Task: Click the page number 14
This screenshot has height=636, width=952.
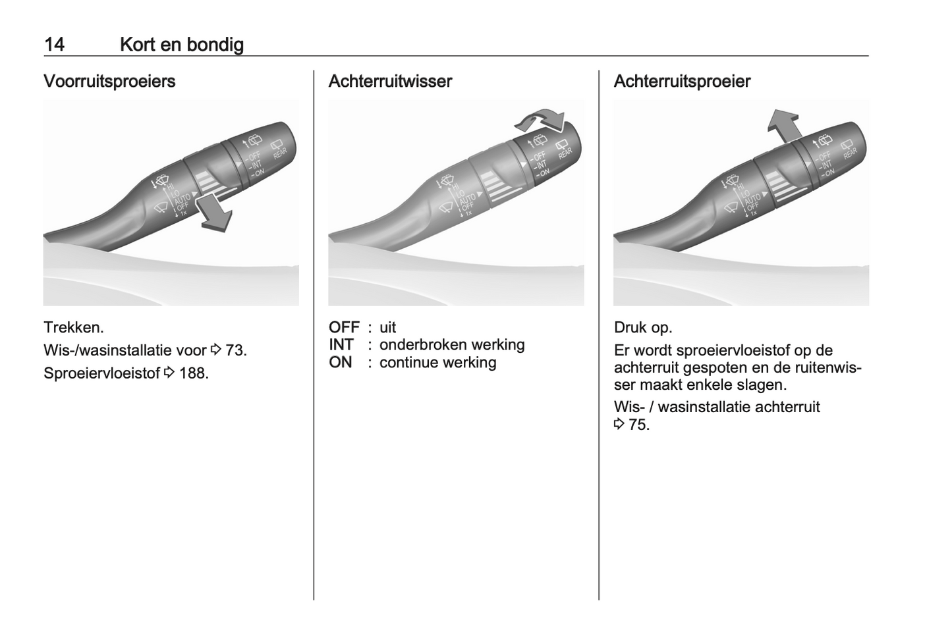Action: click(x=54, y=44)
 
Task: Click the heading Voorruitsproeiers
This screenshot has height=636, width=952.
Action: click(x=109, y=81)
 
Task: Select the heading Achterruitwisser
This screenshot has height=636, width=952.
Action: click(x=390, y=81)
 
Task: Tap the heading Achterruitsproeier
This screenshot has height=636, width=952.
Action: click(x=682, y=81)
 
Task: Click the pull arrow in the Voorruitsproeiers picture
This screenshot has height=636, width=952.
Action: click(x=215, y=213)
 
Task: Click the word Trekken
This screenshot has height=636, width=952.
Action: click(x=74, y=328)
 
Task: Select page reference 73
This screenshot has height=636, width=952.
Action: click(x=235, y=350)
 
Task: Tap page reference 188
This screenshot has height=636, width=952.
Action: click(x=194, y=373)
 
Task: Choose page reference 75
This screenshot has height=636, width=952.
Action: click(x=638, y=425)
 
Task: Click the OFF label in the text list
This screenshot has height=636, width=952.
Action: click(x=344, y=328)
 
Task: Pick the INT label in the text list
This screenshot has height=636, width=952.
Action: click(x=341, y=344)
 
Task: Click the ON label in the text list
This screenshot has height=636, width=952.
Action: click(x=341, y=362)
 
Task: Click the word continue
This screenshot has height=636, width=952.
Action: click(x=406, y=362)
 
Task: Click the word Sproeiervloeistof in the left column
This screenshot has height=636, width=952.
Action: click(x=102, y=373)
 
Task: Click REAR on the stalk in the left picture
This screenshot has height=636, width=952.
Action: click(x=280, y=153)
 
